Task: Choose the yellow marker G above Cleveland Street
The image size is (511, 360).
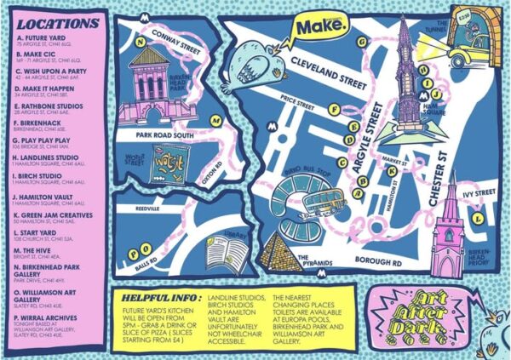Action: pos(362,40)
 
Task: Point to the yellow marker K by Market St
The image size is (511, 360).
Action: pos(391,169)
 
